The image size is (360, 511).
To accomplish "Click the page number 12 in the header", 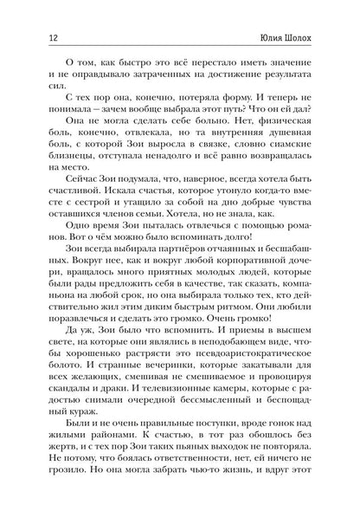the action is pyautogui.click(x=32, y=37).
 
